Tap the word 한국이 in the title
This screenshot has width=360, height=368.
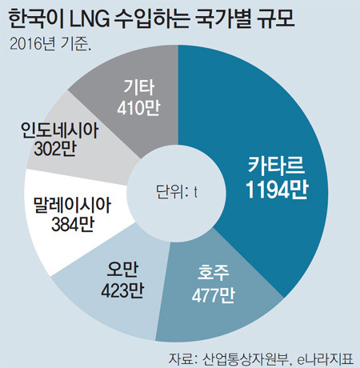[x=34, y=17]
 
